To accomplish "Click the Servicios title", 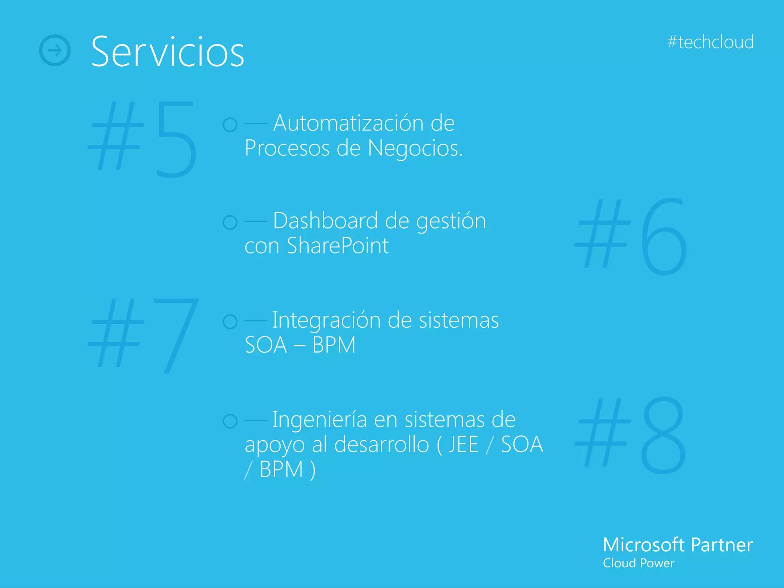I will click(x=167, y=52).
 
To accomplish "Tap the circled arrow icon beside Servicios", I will click(x=55, y=50).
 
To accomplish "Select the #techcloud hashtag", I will click(x=710, y=42).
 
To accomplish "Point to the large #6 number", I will click(x=631, y=236).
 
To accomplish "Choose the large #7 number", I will click(x=144, y=335).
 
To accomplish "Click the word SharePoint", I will click(x=338, y=246).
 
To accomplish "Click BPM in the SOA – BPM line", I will click(x=334, y=345).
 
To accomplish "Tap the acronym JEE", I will click(x=463, y=444).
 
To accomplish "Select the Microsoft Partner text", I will click(x=677, y=545).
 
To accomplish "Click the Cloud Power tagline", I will click(x=638, y=563).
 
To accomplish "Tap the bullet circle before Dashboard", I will click(x=230, y=222).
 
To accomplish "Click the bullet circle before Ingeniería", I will click(x=230, y=421).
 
